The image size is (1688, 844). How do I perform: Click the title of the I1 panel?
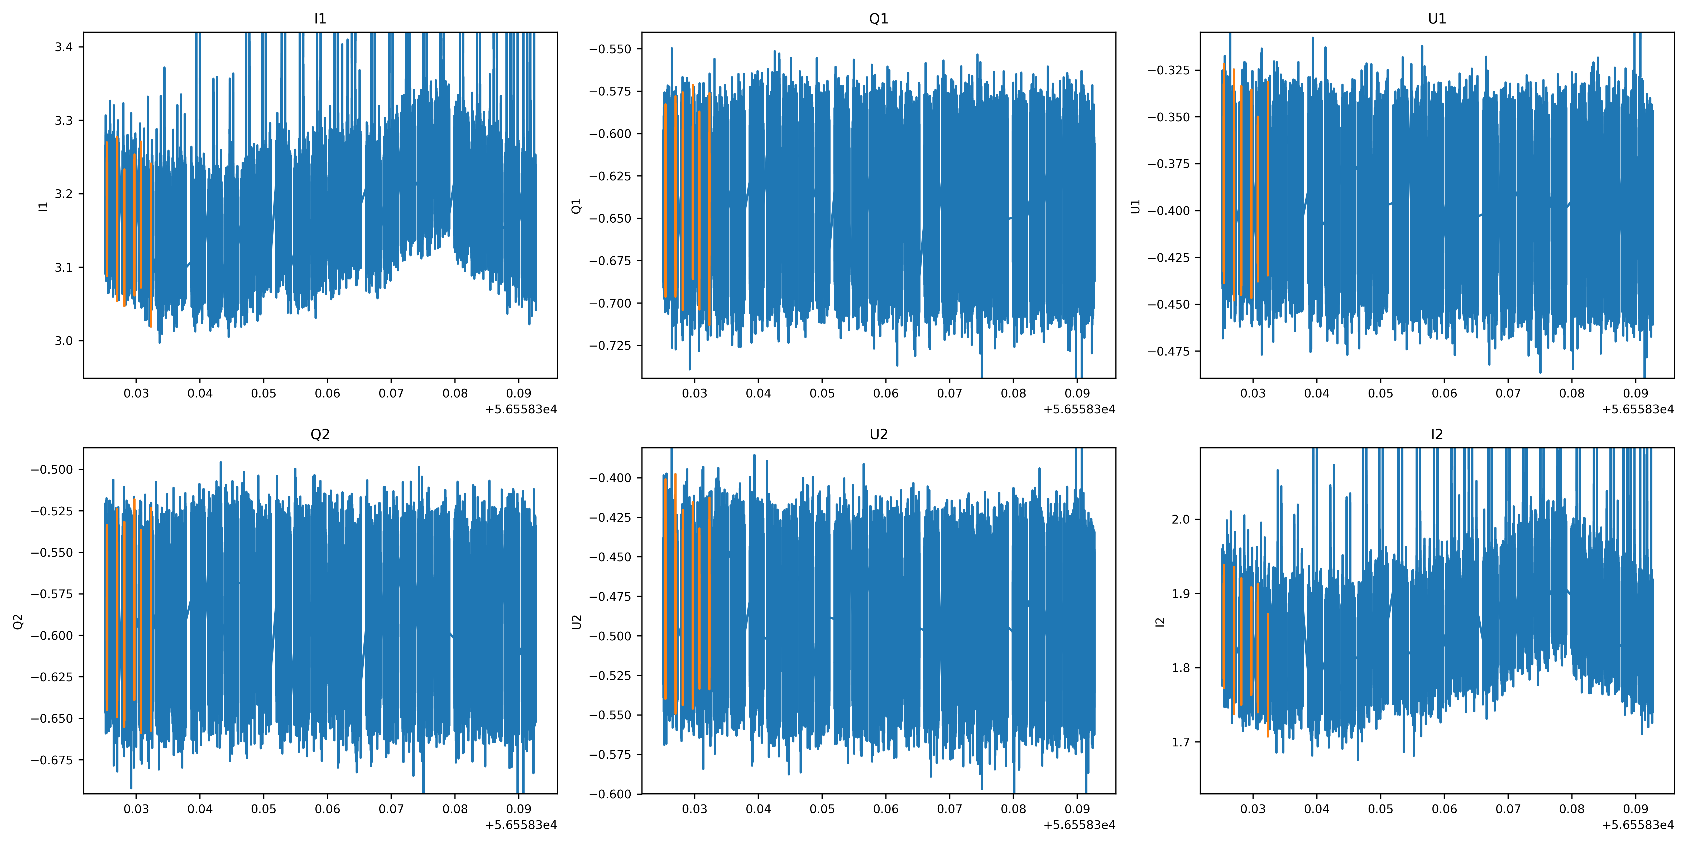coord(320,18)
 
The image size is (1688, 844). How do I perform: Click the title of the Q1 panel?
coord(878,18)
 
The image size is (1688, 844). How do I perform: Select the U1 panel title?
coord(1436,18)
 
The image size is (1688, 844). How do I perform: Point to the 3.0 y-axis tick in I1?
coord(64,341)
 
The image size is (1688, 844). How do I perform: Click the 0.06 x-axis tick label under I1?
coord(327,393)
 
